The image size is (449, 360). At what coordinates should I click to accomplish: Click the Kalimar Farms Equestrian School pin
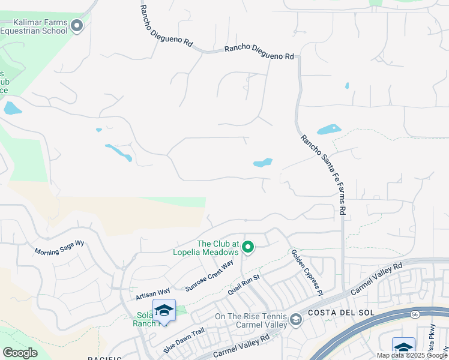pos(77,25)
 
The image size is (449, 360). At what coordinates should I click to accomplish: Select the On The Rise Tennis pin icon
pos(295,319)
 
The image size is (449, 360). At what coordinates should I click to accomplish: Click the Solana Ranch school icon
pos(164,310)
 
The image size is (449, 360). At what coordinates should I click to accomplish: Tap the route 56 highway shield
pos(415,313)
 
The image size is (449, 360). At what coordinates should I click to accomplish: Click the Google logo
pos(20,353)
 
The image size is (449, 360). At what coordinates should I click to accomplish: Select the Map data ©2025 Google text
pos(411,355)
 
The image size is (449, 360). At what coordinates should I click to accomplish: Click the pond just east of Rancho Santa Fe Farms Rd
pos(328,129)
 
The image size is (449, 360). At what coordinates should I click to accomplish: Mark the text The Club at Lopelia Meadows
pos(218,248)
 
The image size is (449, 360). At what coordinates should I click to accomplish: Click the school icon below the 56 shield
pos(403,347)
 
